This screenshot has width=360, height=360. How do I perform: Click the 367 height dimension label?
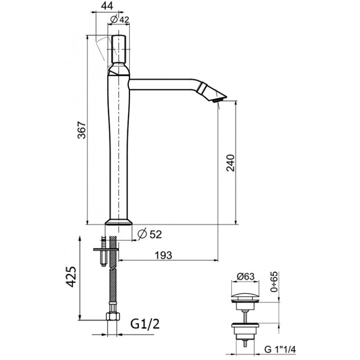point(82,130)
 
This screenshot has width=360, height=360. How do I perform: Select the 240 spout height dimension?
point(230,163)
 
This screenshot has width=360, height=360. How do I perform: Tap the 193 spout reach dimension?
point(163,255)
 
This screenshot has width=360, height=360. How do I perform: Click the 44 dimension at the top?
point(107,6)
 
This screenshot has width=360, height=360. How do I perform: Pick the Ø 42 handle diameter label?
point(120,19)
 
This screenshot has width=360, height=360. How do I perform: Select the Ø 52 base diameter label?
point(150,234)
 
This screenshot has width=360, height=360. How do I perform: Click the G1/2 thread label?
point(145,324)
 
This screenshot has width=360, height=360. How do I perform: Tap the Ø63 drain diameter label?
point(245,276)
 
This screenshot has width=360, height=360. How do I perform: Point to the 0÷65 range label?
point(274,282)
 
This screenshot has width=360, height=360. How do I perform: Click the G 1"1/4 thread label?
point(280,350)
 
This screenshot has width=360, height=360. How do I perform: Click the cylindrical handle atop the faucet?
point(119,49)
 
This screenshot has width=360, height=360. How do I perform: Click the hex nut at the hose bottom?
point(113,317)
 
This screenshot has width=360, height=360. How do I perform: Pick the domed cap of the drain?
point(245,295)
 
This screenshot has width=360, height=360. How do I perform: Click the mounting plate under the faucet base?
point(106,249)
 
